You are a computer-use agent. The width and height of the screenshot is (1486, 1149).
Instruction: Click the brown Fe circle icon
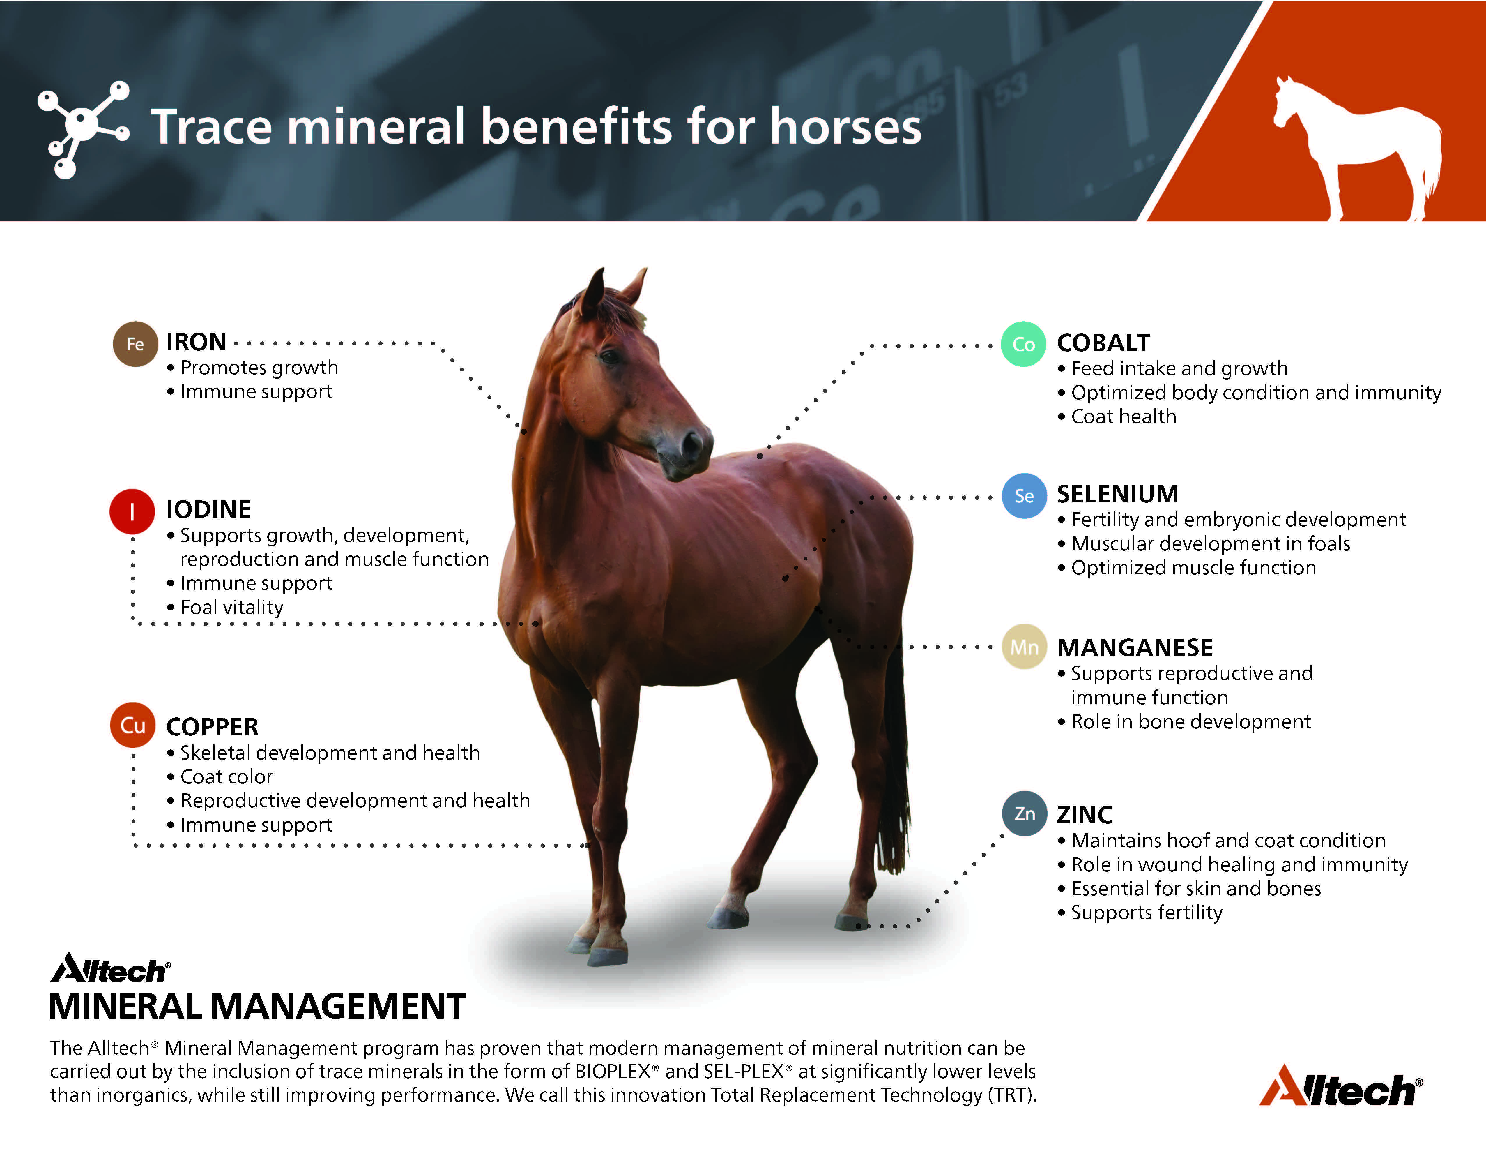click(x=135, y=344)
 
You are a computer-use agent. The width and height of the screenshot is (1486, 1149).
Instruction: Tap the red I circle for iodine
click(x=132, y=511)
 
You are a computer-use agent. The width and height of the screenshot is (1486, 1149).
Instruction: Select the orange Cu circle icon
click(x=133, y=725)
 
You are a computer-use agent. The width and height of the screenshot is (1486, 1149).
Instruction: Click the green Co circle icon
click(x=1023, y=345)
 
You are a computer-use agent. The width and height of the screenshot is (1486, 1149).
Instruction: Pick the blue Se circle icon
click(x=1024, y=495)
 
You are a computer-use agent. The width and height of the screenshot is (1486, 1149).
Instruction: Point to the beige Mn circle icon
click(x=1024, y=647)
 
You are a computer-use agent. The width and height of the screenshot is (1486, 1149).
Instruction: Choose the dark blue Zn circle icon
click(x=1024, y=813)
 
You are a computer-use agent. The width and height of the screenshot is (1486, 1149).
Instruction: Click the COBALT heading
click(x=1103, y=343)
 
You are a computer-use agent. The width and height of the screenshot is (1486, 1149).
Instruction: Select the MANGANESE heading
click(x=1135, y=647)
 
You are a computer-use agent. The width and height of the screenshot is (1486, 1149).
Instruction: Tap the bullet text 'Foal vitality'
click(x=231, y=606)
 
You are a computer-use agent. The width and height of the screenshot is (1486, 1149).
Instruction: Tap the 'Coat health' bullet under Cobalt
click(x=1123, y=416)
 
